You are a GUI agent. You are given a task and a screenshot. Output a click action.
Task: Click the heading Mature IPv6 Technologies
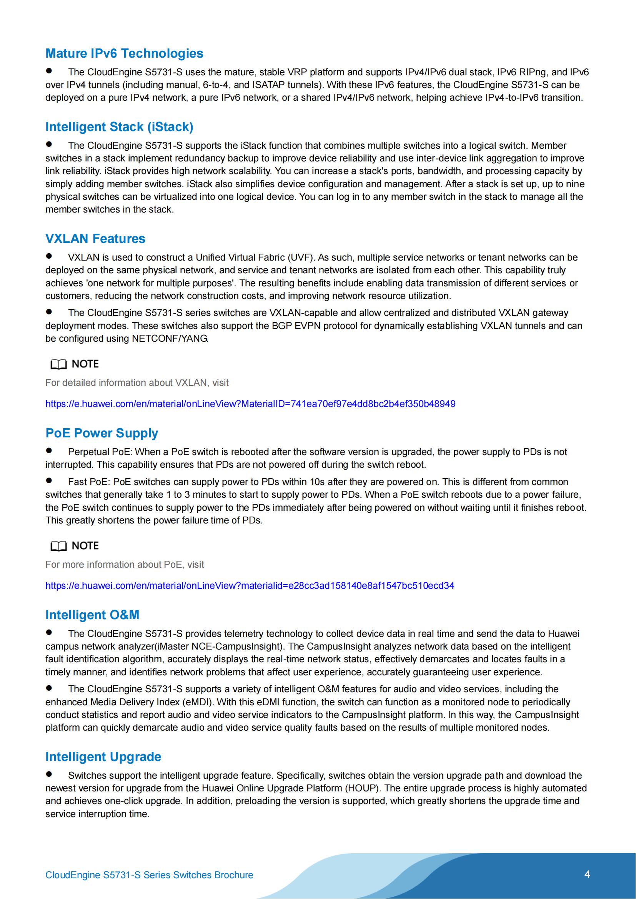click(x=124, y=53)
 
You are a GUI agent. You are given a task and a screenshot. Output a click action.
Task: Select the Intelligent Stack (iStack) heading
click(x=119, y=127)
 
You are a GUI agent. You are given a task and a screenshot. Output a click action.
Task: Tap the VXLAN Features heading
click(x=95, y=238)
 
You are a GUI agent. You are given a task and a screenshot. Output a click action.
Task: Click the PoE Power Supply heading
click(x=102, y=433)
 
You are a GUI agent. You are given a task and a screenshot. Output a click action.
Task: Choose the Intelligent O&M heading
click(x=92, y=615)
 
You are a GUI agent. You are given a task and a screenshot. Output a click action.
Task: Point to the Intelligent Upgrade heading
click(x=103, y=756)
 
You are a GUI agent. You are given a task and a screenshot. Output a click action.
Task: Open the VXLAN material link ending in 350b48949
click(x=250, y=404)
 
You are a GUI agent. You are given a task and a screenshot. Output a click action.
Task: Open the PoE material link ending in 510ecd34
click(x=250, y=585)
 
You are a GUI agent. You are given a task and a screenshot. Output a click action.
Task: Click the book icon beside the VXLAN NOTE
click(x=58, y=364)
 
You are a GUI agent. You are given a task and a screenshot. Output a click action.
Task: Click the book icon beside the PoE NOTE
click(x=58, y=546)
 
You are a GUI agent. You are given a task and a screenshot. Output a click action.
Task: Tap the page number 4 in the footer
click(x=587, y=874)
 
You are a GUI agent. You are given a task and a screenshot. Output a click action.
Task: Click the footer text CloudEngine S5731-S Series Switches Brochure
click(x=149, y=875)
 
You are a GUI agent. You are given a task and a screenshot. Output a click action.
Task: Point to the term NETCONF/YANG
click(x=170, y=339)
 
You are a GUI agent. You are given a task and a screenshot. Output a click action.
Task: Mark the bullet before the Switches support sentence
click(x=49, y=774)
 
